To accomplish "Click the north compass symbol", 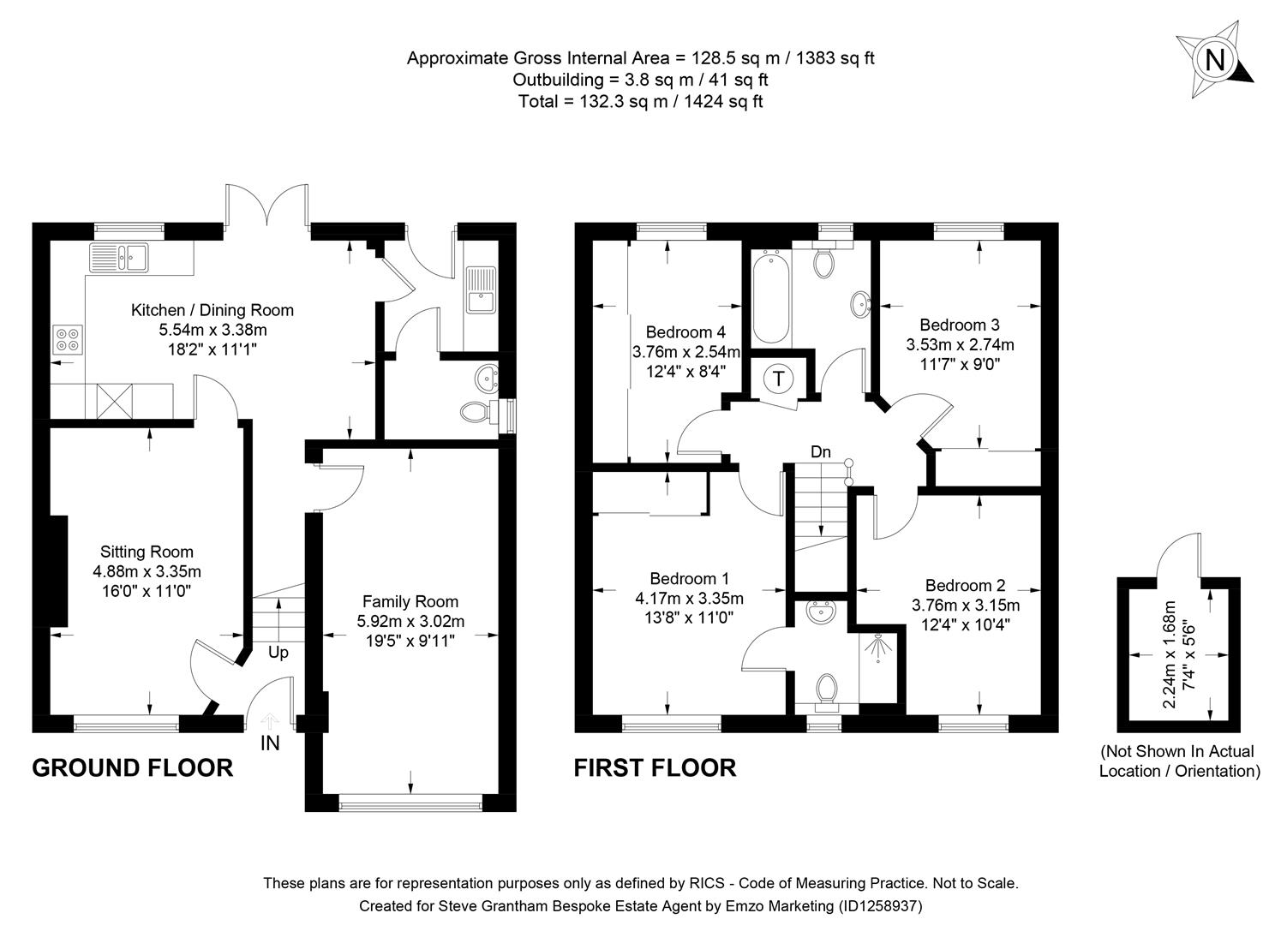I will pyautogui.click(x=1213, y=60).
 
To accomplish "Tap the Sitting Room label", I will pyautogui.click(x=147, y=552).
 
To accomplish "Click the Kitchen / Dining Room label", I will pyautogui.click(x=212, y=310).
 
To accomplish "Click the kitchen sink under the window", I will pyautogui.click(x=120, y=256).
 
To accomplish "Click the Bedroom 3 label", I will pyautogui.click(x=959, y=325).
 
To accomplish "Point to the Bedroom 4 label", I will pyautogui.click(x=685, y=332).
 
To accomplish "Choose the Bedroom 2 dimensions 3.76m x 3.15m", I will pyautogui.click(x=966, y=606).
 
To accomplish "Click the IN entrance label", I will pyautogui.click(x=270, y=743).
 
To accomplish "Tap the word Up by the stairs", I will pyautogui.click(x=278, y=653).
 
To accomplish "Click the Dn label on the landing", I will pyautogui.click(x=820, y=452).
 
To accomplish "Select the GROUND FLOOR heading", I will pyautogui.click(x=132, y=767).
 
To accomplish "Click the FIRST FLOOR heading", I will pyautogui.click(x=655, y=767).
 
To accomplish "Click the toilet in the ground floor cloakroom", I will pyautogui.click(x=476, y=413).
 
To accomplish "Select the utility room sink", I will pyautogui.click(x=480, y=289).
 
